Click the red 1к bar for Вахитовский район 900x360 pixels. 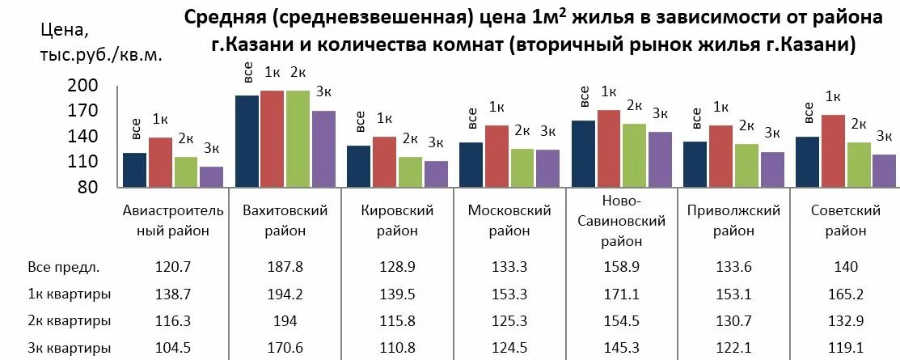[x=272, y=138]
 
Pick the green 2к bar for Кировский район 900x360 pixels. [x=410, y=172]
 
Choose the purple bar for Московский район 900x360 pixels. [x=547, y=167]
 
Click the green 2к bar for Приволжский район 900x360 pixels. [x=746, y=165]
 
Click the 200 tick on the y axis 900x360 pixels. [x=86, y=85]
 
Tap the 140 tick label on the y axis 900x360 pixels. [x=86, y=136]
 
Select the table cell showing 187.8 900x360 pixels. [x=285, y=267]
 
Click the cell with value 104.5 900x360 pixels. [x=172, y=349]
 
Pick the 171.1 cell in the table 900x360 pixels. [x=622, y=294]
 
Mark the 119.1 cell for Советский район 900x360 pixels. [x=846, y=349]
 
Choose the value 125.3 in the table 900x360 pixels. [x=509, y=321]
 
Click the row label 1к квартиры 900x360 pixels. [x=69, y=294]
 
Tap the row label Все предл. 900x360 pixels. [x=63, y=267]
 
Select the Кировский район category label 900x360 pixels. [x=397, y=220]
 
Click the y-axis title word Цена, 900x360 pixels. [x=65, y=31]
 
